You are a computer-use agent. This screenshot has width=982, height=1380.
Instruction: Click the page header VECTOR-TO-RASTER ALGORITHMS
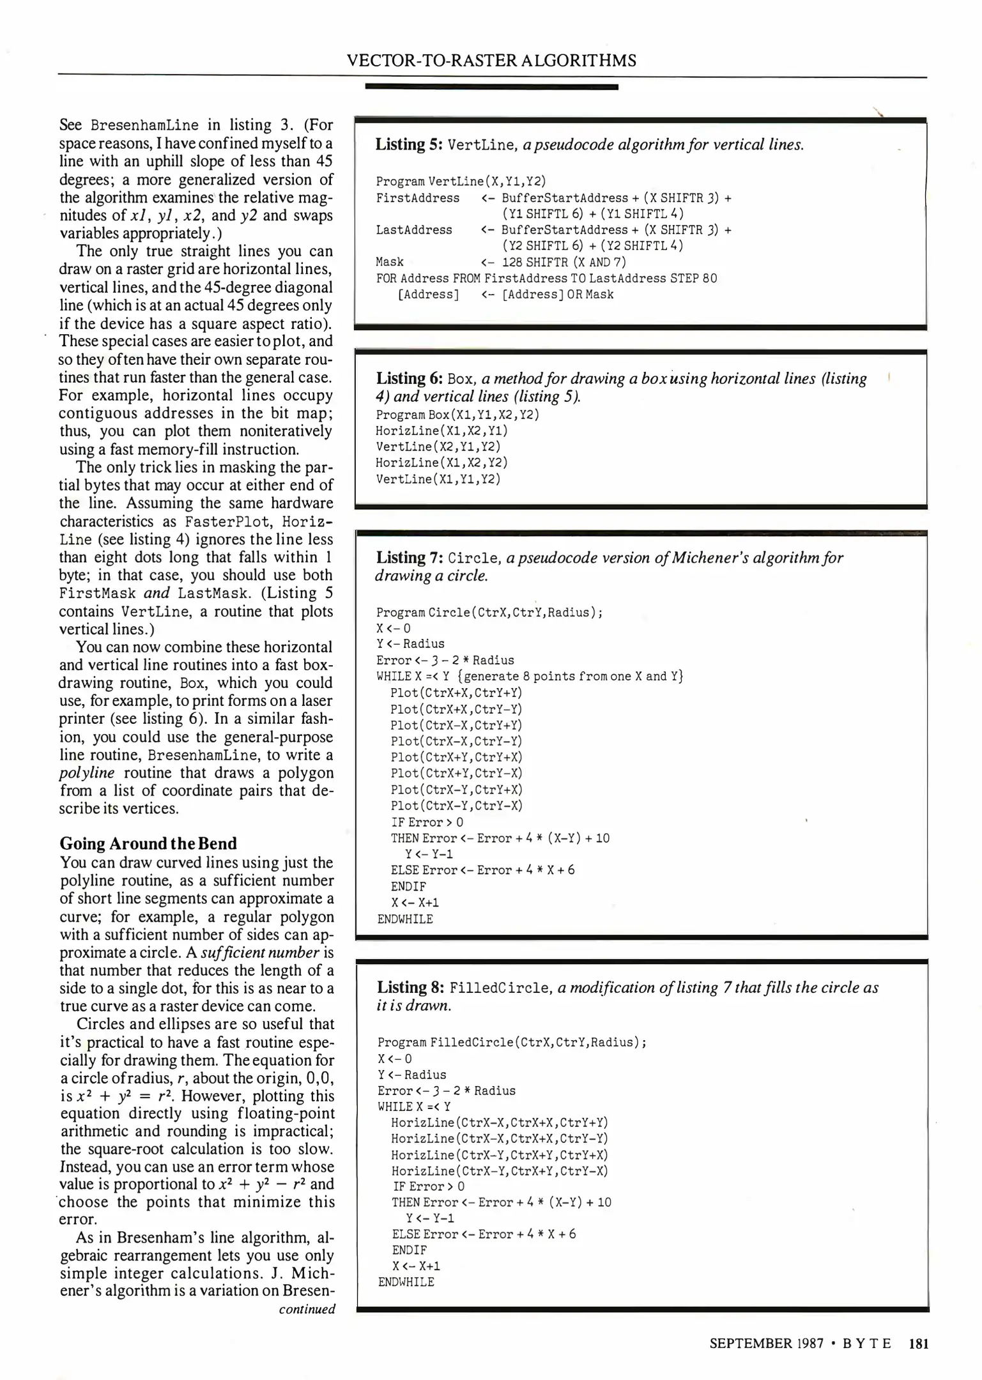(x=491, y=61)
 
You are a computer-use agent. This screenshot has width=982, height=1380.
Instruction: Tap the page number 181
(x=917, y=1343)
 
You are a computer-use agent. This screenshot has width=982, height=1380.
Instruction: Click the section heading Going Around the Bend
(x=148, y=843)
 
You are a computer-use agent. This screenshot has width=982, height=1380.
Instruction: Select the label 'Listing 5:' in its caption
(x=409, y=144)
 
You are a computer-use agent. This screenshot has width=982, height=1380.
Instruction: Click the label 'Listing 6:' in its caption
(x=409, y=378)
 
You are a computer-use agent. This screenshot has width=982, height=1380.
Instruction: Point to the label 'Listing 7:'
(x=409, y=558)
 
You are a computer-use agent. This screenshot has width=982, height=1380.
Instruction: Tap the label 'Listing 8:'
(x=410, y=988)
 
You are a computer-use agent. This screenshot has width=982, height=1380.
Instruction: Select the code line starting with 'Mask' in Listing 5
(x=501, y=262)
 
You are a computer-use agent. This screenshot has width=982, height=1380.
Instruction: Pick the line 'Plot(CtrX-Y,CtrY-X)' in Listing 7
(x=456, y=806)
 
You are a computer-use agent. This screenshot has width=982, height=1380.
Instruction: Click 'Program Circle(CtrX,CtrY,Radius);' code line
(x=489, y=613)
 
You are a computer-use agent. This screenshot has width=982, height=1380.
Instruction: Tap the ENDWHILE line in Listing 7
(x=405, y=919)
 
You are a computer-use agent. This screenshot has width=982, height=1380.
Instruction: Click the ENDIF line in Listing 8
(x=410, y=1250)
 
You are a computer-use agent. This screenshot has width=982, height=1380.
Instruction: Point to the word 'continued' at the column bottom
(x=307, y=1309)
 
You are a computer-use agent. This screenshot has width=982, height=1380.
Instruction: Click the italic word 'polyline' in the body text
(x=86, y=773)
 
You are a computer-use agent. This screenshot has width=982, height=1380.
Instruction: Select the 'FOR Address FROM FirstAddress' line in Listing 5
(x=546, y=279)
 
